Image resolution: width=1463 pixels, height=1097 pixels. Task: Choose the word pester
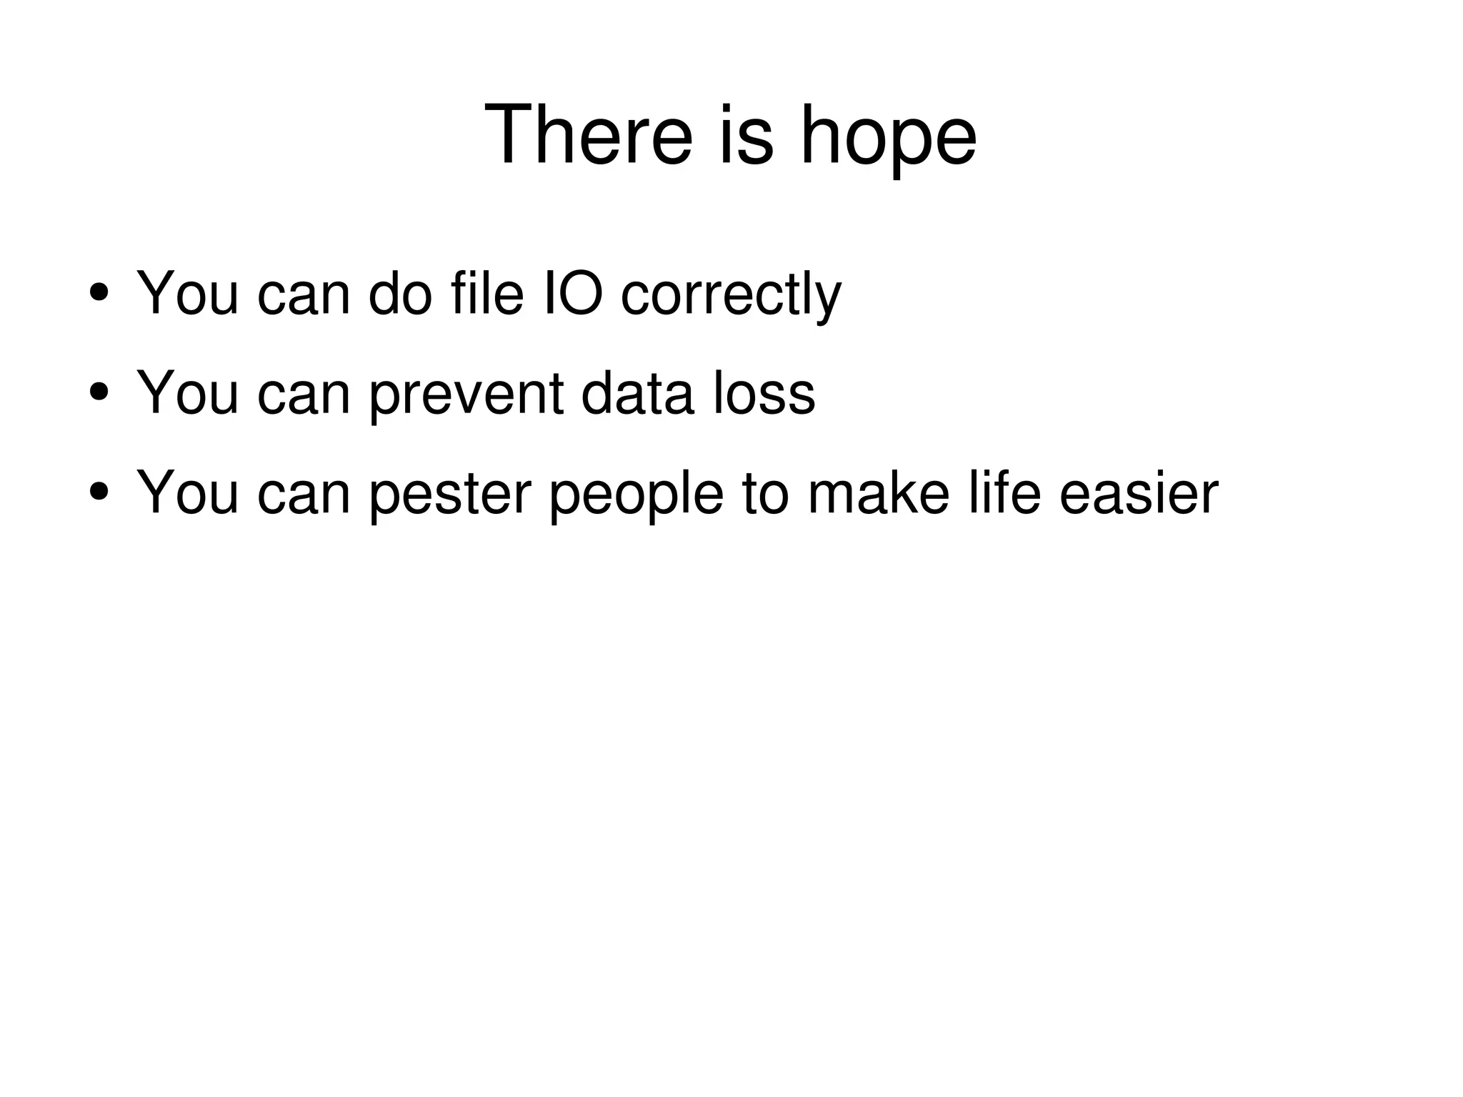tap(450, 494)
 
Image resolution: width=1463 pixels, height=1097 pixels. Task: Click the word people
tap(636, 495)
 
